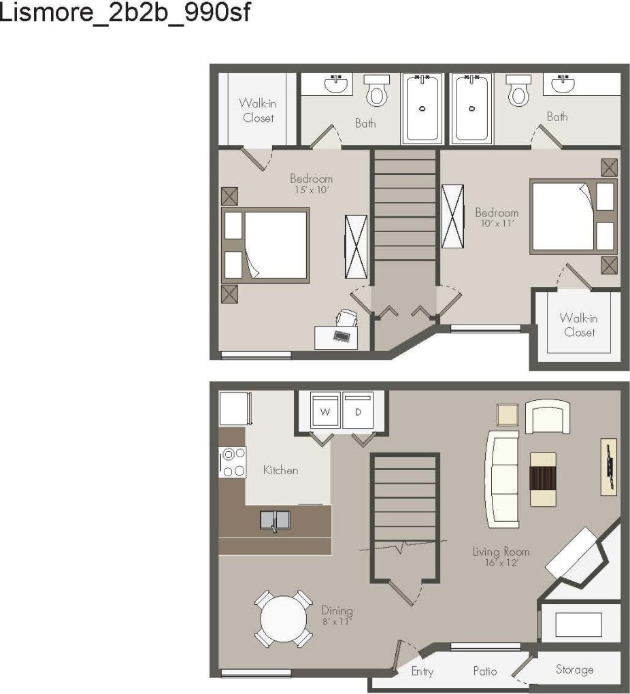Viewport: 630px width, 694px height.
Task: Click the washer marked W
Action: pyautogui.click(x=325, y=410)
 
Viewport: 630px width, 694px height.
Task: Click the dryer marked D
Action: pyautogui.click(x=358, y=410)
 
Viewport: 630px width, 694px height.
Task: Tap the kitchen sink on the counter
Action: pyautogui.click(x=275, y=520)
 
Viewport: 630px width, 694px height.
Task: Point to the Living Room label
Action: pyautogui.click(x=501, y=552)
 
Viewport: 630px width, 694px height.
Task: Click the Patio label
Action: pyautogui.click(x=485, y=671)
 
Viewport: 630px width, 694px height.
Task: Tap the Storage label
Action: pyautogui.click(x=574, y=670)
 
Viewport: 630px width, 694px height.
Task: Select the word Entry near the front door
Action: pyautogui.click(x=422, y=672)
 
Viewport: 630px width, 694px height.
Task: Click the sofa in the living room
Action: pyautogui.click(x=502, y=479)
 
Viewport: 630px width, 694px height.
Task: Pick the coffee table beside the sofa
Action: pyautogui.click(x=543, y=479)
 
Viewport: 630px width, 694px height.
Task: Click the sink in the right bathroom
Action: pyautogui.click(x=563, y=84)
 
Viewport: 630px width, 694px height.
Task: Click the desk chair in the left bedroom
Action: pyautogui.click(x=346, y=317)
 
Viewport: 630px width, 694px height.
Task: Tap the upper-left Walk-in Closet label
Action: pyautogui.click(x=258, y=110)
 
